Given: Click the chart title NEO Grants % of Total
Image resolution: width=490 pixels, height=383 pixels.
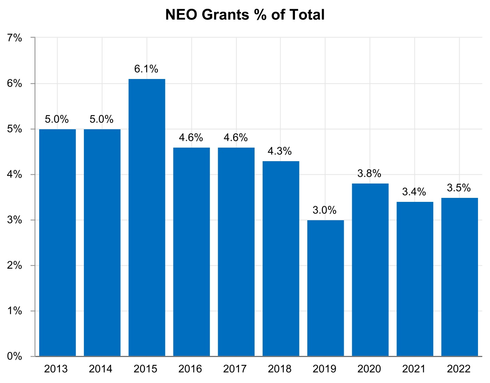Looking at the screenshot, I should [x=245, y=15].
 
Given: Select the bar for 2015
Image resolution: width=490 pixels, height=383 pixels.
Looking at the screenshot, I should [x=147, y=217].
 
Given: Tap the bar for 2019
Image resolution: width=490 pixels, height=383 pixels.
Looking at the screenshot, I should [x=325, y=288].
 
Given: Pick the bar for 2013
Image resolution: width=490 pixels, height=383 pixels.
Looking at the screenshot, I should [x=58, y=243].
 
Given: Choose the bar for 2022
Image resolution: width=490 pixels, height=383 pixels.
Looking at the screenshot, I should [x=459, y=277].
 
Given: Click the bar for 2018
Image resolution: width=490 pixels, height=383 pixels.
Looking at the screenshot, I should [x=281, y=259].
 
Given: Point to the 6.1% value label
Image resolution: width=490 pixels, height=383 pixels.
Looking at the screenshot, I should [x=146, y=69].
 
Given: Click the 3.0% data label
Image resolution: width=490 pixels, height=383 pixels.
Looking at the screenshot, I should [x=325, y=210].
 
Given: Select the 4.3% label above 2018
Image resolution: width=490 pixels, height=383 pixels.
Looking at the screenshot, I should [x=280, y=151].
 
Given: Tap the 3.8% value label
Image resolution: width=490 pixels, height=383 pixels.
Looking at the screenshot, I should [x=370, y=174].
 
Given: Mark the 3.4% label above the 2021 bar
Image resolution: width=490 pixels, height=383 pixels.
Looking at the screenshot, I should [x=414, y=192].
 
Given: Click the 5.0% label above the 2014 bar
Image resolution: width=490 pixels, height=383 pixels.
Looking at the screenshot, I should [x=102, y=119].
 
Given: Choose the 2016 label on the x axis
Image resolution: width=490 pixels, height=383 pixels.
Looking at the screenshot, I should [x=191, y=369].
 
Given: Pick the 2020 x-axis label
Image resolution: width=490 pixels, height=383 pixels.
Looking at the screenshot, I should [x=370, y=369].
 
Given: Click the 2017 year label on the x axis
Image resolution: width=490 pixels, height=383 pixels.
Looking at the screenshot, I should [x=236, y=369].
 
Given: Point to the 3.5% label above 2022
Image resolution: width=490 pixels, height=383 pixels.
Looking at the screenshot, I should [x=459, y=188].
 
